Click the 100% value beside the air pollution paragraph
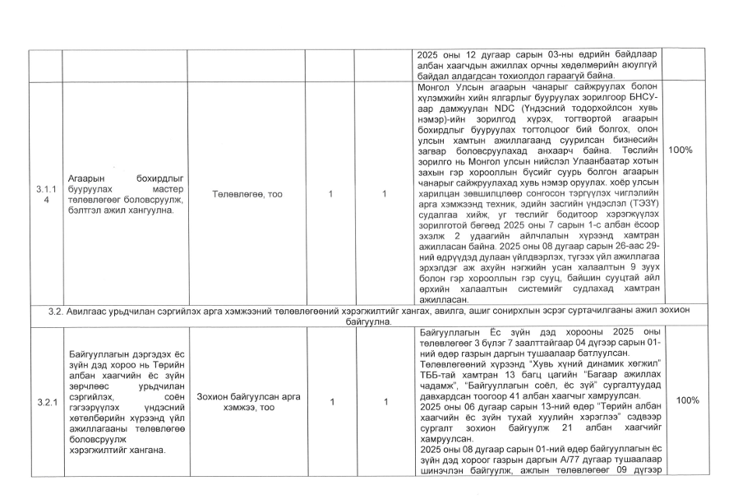point(681,151)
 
